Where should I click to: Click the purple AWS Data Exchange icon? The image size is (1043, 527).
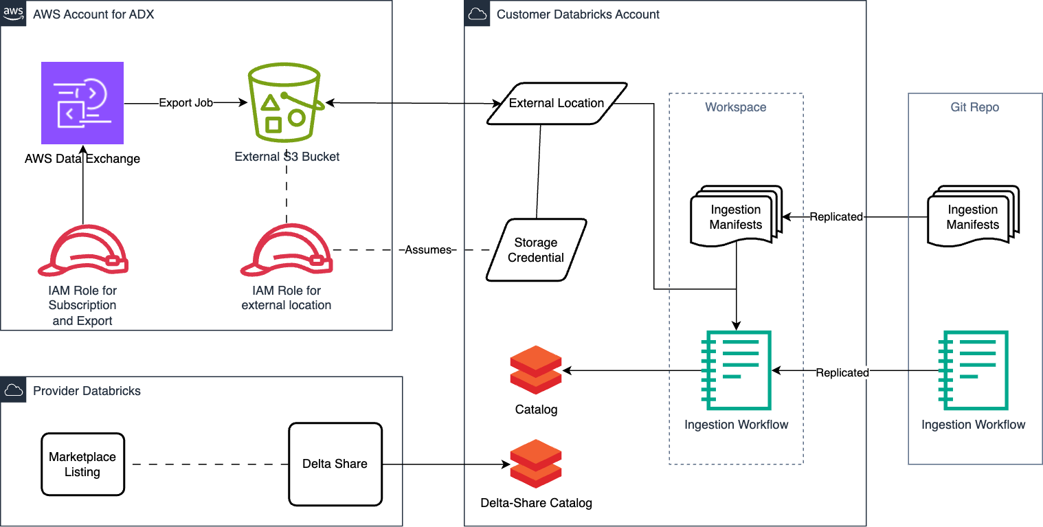point(82,102)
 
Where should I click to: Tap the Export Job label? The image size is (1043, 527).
point(186,102)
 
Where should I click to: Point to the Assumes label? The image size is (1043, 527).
point(428,250)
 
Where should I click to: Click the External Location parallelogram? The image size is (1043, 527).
point(557,103)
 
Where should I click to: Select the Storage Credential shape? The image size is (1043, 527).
point(536,250)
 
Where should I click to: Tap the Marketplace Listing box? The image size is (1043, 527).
point(82,464)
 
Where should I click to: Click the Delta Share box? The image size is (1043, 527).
point(335,464)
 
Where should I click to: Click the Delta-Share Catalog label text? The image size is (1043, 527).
point(537,503)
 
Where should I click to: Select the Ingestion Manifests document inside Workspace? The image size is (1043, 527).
point(736,216)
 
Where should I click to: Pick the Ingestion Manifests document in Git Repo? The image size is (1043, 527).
point(972,216)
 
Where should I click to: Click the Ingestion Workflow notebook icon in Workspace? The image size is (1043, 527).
point(736,371)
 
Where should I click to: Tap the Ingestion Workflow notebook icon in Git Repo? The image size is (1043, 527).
point(974,371)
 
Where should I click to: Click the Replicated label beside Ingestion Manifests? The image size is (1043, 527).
point(836,217)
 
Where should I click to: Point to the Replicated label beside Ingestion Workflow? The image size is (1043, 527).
point(842,372)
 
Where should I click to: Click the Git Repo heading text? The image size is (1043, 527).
point(974,107)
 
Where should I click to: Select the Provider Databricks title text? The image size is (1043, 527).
point(87,391)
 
